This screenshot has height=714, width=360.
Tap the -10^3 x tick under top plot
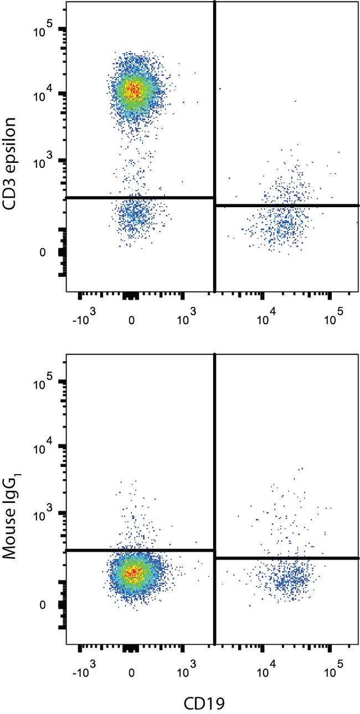pos(84,320)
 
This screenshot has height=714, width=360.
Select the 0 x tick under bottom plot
pos(132,673)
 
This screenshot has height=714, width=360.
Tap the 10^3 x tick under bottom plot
pos(188,673)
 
